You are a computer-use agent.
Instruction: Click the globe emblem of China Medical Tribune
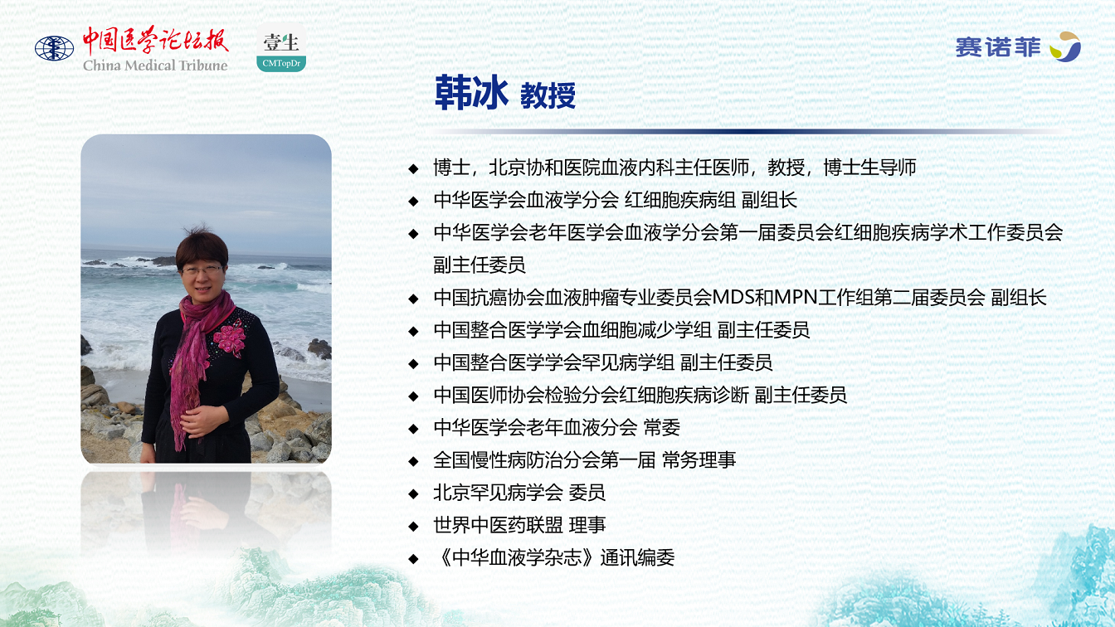point(54,48)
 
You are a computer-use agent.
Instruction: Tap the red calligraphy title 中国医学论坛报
point(155,40)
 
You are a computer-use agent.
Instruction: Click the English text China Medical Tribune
point(155,66)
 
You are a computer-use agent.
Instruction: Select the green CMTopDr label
point(281,63)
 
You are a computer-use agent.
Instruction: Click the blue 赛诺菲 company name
point(998,47)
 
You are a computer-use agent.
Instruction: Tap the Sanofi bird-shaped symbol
point(1066,46)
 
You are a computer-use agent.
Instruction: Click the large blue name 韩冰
point(471,92)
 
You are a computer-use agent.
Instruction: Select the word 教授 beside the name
point(548,95)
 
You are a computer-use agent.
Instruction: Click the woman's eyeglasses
point(202,270)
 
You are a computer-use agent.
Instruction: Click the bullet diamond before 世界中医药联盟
point(413,526)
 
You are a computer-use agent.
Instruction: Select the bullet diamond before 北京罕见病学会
point(413,493)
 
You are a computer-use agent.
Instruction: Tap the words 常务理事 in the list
point(699,460)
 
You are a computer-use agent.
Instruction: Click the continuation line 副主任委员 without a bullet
point(480,265)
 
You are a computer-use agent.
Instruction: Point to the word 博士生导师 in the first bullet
point(869,168)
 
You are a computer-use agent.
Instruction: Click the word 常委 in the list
point(661,427)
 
